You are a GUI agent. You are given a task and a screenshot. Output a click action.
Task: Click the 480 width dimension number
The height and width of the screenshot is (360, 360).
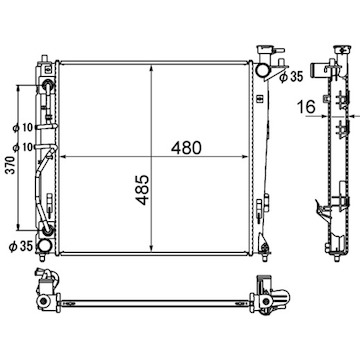click(186, 148)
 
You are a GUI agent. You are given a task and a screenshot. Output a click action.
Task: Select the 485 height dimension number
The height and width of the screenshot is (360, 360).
click(142, 190)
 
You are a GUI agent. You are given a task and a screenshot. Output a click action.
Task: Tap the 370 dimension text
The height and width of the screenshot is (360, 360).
click(12, 166)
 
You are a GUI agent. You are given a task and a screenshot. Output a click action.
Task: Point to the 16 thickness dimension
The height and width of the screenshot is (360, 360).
click(306, 107)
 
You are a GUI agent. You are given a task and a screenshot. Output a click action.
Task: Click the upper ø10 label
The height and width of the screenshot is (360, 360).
click(23, 127)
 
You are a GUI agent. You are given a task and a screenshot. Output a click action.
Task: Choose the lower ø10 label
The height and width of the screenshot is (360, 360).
click(23, 146)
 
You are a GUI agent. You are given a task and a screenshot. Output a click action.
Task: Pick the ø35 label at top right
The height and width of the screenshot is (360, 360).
click(291, 77)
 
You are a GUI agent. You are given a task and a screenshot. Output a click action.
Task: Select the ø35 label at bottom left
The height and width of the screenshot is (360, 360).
click(21, 246)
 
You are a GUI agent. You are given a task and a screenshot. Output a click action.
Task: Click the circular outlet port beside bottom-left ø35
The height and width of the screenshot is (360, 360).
click(44, 246)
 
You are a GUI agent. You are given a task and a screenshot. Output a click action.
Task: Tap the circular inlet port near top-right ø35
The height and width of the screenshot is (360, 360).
click(261, 70)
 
